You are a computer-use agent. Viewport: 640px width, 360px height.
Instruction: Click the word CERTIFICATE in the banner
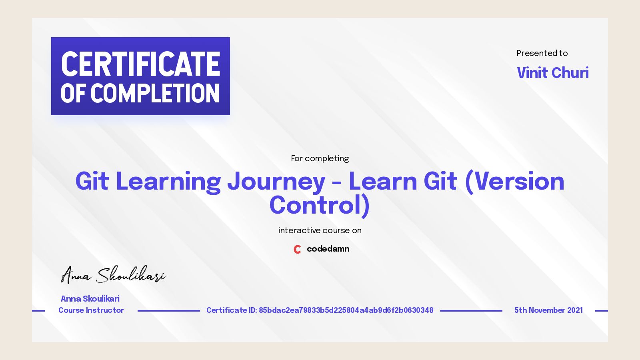click(x=140, y=64)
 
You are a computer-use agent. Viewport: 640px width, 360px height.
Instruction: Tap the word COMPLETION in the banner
click(x=155, y=94)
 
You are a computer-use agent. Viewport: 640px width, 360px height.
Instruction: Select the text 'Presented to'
click(x=542, y=53)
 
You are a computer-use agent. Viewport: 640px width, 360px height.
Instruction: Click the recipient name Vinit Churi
click(x=552, y=73)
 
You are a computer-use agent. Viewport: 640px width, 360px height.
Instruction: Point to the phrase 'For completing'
click(x=320, y=158)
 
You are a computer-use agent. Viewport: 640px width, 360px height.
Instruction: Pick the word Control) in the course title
click(x=319, y=206)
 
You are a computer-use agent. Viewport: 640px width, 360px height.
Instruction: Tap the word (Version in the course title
click(x=514, y=182)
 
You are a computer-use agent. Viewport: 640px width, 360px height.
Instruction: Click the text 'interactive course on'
click(x=320, y=230)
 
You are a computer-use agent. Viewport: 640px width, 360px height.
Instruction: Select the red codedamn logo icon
click(x=297, y=249)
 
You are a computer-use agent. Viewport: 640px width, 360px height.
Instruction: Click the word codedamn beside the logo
click(x=328, y=249)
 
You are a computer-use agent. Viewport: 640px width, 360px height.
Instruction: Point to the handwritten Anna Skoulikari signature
click(x=113, y=275)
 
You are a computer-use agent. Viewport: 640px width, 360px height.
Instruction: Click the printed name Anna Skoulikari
click(x=90, y=299)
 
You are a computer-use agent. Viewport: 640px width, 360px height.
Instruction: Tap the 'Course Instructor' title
click(x=91, y=310)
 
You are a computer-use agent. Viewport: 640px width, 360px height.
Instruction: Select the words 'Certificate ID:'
click(x=231, y=310)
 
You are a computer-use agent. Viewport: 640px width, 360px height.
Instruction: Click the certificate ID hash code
click(x=346, y=310)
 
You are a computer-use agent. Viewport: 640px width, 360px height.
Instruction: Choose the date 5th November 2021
click(x=548, y=310)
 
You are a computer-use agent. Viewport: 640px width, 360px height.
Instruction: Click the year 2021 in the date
click(x=575, y=310)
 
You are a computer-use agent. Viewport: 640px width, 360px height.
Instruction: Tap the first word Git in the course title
click(x=92, y=182)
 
